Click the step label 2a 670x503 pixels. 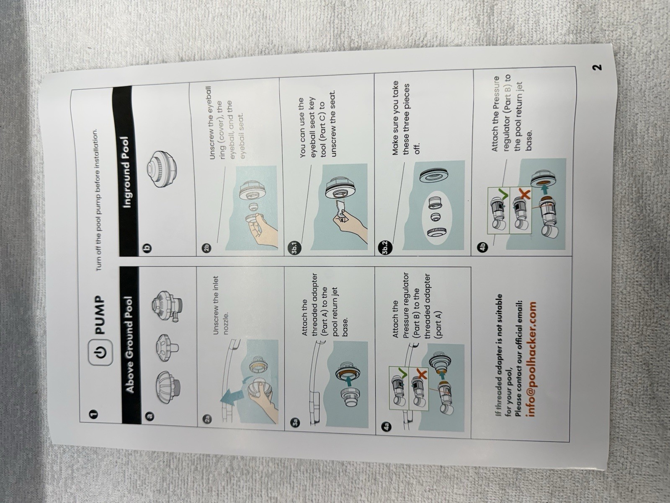(x=209, y=420)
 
